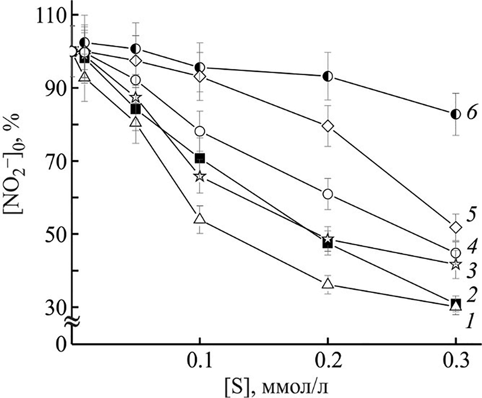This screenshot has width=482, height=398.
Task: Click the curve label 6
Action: (x=472, y=113)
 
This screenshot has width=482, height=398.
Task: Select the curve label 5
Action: (x=472, y=215)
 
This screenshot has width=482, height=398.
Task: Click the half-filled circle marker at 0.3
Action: (x=456, y=114)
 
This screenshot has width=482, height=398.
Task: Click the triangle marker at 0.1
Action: (x=199, y=218)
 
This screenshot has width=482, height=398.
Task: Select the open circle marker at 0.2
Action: (x=328, y=194)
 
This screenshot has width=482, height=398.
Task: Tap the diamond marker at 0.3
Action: (x=456, y=227)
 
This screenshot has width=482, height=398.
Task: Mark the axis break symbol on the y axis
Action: (x=73, y=320)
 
